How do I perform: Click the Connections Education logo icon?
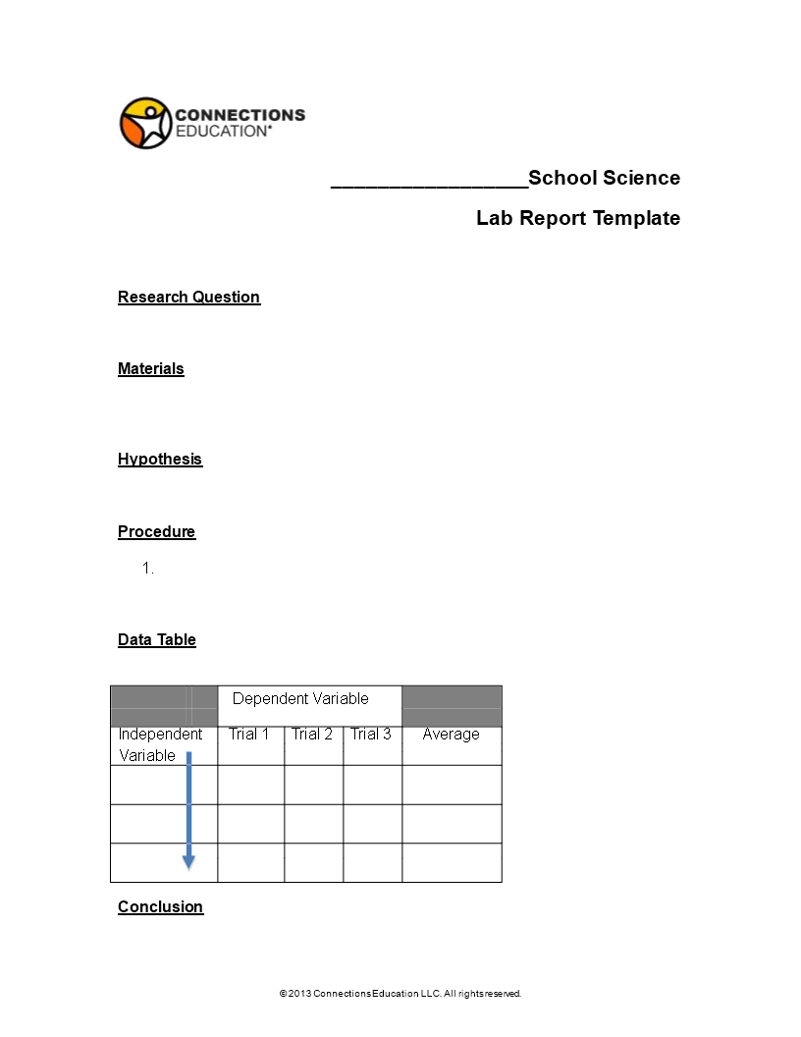pos(145,123)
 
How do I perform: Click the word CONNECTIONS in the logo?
pos(240,115)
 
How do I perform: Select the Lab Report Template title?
pos(578,218)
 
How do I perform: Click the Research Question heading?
pos(188,297)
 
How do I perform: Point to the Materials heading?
pos(151,368)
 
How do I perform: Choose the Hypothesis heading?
pos(160,459)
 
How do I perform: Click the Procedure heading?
pos(156,531)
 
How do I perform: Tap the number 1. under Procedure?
pos(148,568)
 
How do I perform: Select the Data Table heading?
pos(157,639)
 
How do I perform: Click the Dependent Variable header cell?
pos(300,699)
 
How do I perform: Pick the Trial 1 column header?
pos(249,734)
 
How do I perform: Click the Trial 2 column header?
pos(312,734)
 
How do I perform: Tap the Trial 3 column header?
pos(371,734)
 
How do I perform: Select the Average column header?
pos(451,734)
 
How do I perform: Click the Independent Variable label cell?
pos(159,744)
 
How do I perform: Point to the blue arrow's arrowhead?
pos(188,862)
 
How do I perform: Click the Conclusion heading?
pos(160,906)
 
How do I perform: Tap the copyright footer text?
pos(400,994)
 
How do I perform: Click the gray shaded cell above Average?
pos(452,705)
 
